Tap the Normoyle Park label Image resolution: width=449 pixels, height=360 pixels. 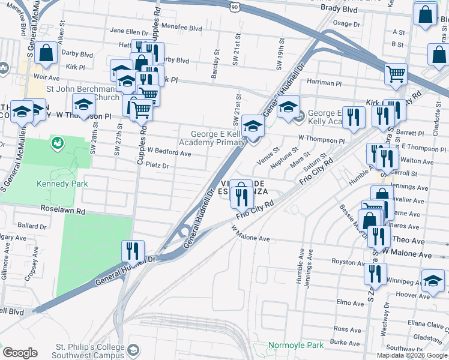[x=295, y=346]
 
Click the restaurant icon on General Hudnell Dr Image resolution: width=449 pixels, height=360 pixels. [x=133, y=250]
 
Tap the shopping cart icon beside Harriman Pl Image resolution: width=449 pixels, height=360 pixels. [x=396, y=74]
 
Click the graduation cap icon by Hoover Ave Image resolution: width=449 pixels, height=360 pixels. [x=433, y=280]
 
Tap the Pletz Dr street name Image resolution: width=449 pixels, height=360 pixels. [x=157, y=165]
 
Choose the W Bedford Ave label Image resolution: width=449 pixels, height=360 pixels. [x=169, y=154]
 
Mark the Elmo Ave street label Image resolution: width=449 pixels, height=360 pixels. [x=347, y=302]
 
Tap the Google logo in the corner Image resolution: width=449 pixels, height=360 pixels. [x=20, y=353]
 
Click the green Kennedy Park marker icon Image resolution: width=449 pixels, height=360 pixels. [x=58, y=143]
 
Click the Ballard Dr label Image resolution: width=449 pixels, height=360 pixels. [x=32, y=227]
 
